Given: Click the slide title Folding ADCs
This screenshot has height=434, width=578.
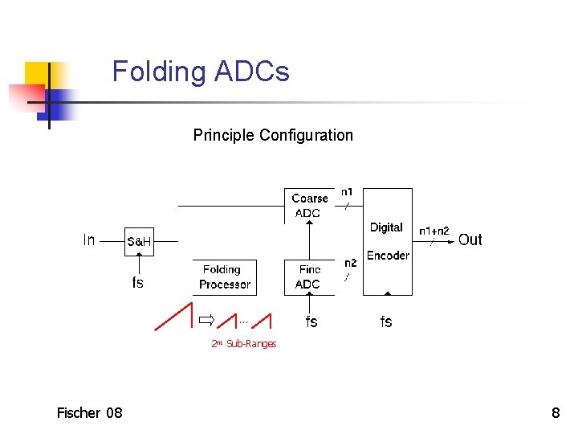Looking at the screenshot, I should (201, 72).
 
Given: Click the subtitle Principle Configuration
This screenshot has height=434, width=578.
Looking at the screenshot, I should (273, 135).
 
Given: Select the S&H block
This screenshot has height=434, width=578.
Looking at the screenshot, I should (140, 240).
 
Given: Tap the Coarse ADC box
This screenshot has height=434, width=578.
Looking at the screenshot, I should (308, 206).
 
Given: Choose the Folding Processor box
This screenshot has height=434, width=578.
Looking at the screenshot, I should (225, 277).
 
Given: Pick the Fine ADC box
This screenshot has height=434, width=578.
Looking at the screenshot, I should (308, 277).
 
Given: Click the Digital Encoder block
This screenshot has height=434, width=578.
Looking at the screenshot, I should (388, 242).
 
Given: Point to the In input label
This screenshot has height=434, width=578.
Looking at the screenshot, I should (89, 240).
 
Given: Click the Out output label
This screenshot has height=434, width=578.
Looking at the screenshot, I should (470, 240).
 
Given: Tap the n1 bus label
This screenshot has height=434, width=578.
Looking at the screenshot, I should (347, 192).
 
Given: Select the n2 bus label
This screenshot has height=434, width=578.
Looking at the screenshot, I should (350, 263).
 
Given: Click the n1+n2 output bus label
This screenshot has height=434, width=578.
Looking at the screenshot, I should (434, 231).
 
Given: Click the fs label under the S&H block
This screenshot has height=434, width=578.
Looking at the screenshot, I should (138, 282).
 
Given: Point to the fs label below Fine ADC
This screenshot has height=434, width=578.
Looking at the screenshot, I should (311, 322).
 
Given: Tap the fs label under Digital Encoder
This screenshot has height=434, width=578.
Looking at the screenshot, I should (386, 322).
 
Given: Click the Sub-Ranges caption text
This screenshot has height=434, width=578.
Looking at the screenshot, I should (250, 344).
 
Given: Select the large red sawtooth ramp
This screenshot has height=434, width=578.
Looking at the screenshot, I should (174, 316).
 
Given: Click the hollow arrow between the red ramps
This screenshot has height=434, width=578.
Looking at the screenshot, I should (207, 321).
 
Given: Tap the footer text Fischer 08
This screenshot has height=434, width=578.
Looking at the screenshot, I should (90, 413).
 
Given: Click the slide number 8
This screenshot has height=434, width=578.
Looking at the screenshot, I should (556, 413).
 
